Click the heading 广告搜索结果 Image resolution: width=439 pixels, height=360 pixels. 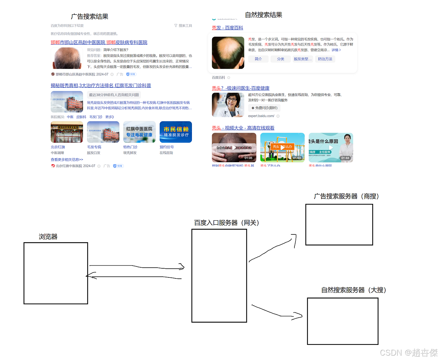[x=89, y=16]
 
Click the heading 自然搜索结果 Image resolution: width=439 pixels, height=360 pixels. [x=264, y=15]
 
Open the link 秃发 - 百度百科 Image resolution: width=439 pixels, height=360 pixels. [x=227, y=28]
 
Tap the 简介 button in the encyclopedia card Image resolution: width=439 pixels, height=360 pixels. [x=258, y=59]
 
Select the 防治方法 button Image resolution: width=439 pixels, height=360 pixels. [x=325, y=59]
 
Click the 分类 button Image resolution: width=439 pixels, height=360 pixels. [x=281, y=59]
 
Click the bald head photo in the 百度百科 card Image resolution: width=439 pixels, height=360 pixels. [x=228, y=53]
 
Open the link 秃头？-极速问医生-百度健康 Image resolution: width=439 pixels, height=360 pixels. [x=240, y=88]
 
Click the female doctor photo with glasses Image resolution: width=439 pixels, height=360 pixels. [x=228, y=105]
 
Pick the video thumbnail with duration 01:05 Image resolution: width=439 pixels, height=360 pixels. [x=234, y=147]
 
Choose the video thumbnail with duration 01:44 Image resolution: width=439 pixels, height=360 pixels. [x=331, y=147]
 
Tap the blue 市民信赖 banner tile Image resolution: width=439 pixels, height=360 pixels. [x=176, y=132]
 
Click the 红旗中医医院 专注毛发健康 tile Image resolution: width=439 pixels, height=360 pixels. [x=139, y=132]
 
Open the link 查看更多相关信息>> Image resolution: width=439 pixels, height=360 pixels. [x=67, y=160]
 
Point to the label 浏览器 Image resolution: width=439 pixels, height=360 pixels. [x=48, y=237]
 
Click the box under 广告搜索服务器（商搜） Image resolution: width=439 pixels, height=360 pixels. [x=339, y=225]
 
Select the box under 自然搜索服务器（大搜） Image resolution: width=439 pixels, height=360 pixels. [x=343, y=321]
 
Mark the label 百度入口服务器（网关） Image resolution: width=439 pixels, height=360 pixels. [x=227, y=223]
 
